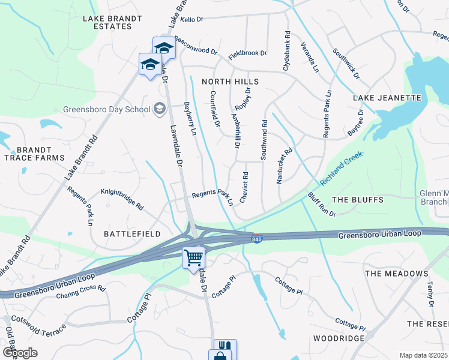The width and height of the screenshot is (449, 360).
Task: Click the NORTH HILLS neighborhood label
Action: pos(230,82)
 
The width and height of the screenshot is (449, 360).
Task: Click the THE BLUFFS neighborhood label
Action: pos(357,200)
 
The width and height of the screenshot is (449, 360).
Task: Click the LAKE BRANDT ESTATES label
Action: pos(113,23)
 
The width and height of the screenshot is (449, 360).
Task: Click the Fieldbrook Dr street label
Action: pos(247,53)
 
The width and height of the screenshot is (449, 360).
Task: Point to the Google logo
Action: pos(20,352)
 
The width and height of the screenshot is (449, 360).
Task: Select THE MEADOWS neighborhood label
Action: pos(396,274)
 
